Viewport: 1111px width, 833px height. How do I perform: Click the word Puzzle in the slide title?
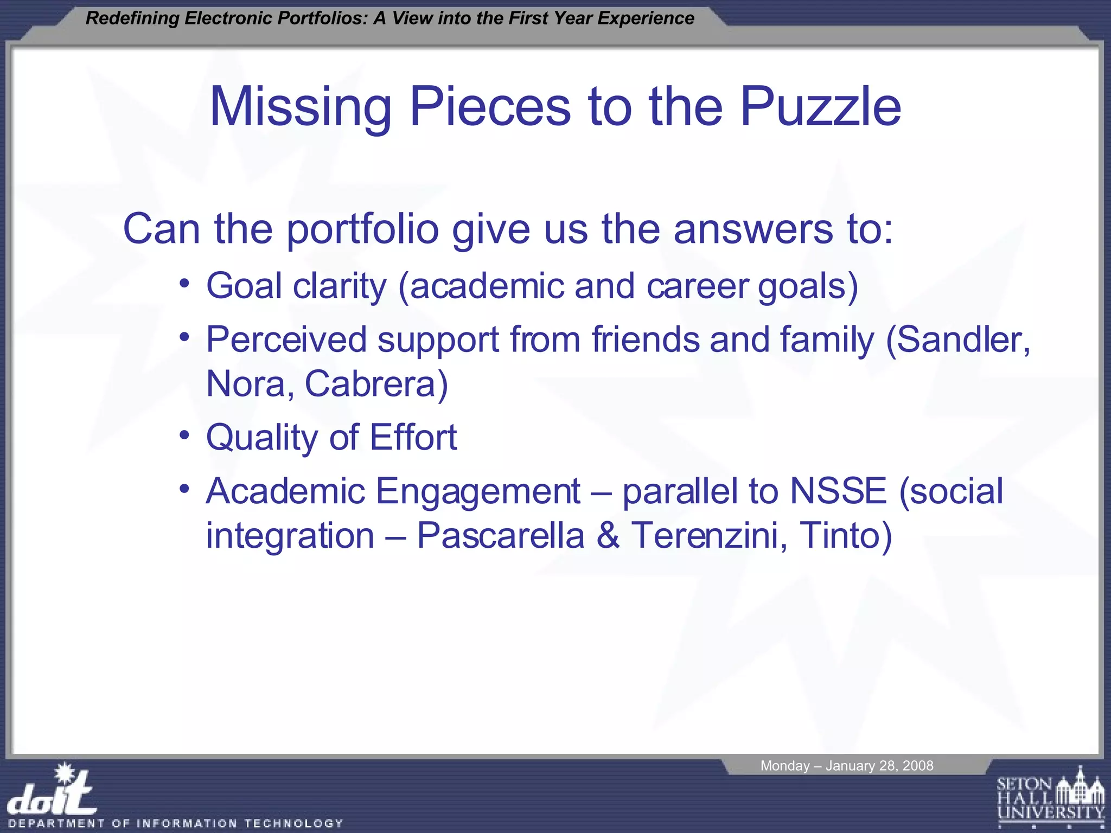pos(820,107)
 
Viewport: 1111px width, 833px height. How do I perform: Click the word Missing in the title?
pos(301,107)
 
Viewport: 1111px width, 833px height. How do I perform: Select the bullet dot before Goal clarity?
pos(185,284)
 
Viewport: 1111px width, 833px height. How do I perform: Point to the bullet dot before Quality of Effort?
pos(185,435)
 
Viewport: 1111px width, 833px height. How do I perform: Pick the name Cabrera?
pos(376,384)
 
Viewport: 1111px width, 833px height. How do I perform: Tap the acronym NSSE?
pos(838,491)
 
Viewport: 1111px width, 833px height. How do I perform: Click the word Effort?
pos(413,437)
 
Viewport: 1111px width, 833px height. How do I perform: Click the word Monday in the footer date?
pos(784,766)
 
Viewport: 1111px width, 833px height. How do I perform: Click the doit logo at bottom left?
pos(53,792)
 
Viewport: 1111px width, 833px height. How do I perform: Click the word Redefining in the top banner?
pos(132,18)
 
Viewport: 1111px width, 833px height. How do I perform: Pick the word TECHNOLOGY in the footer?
pos(293,823)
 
